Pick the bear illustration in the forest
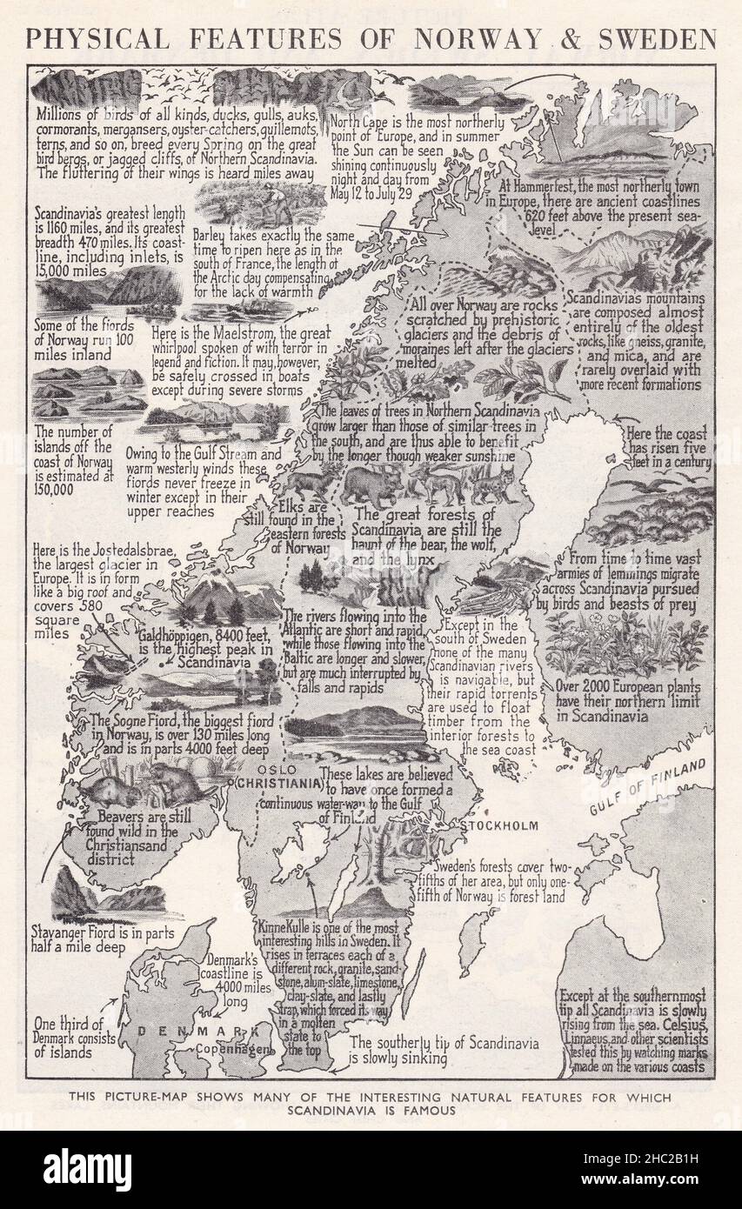click(x=371, y=484)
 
